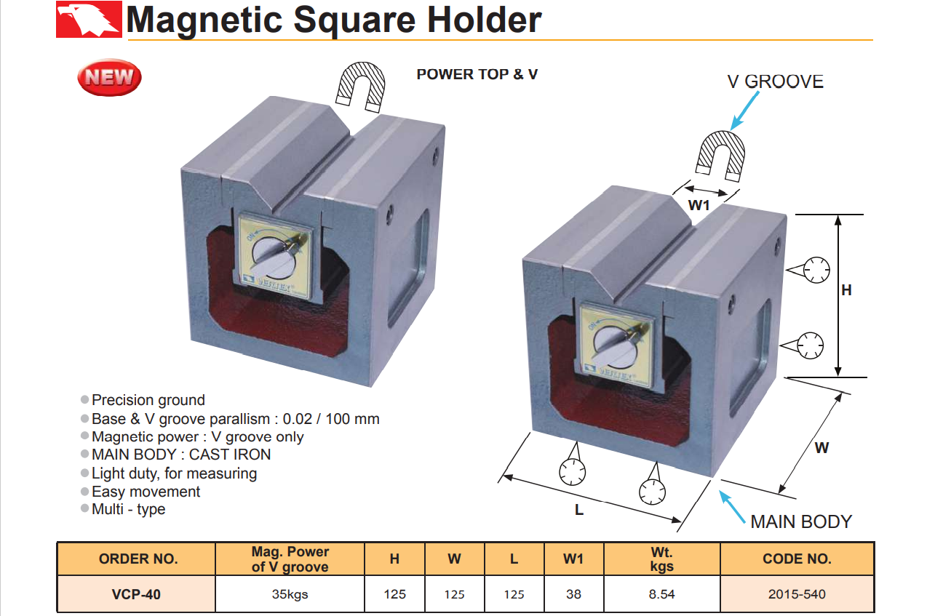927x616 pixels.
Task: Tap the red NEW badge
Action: [x=109, y=77]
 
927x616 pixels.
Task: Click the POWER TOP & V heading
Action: [x=477, y=74]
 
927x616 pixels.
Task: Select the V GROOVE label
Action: [x=775, y=81]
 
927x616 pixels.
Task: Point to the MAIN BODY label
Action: [x=800, y=521]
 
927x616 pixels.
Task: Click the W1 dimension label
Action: [x=699, y=206]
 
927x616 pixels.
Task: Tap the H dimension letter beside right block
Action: [x=846, y=290]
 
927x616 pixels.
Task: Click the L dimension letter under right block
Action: [x=579, y=510]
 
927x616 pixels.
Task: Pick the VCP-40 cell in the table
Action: [x=137, y=594]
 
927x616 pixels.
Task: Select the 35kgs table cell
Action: [x=290, y=594]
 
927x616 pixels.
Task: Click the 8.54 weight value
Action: [x=661, y=594]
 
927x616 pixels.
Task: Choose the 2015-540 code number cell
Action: [x=797, y=594]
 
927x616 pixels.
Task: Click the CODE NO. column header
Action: [x=797, y=559]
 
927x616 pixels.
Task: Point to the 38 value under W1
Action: [x=573, y=594]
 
